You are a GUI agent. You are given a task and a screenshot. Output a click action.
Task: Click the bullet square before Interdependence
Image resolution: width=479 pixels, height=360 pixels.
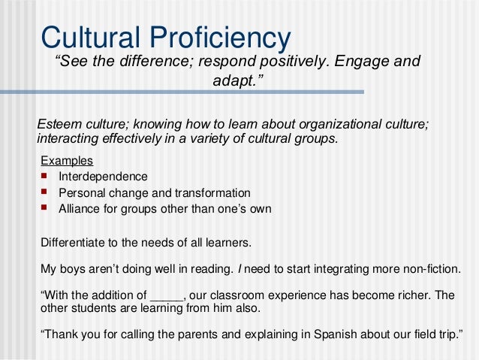(x=45, y=177)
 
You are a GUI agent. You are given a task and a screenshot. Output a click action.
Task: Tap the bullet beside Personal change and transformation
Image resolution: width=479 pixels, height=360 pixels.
(x=45, y=192)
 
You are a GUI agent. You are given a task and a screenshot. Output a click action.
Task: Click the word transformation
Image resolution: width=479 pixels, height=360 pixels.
(x=212, y=192)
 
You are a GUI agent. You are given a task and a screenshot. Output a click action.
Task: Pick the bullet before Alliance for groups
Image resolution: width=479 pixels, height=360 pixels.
(x=45, y=208)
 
